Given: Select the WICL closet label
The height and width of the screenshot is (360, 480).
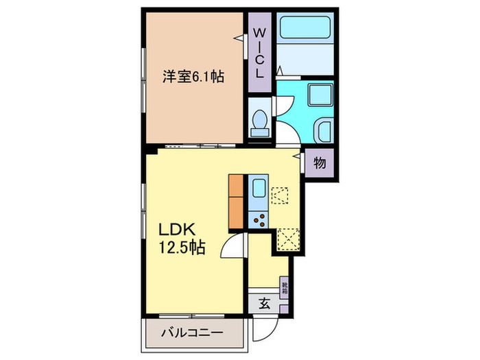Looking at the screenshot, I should (260, 51).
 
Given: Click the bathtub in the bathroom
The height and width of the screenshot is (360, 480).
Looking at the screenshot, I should (305, 29).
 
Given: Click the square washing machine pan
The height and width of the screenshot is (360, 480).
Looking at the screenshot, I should (319, 96).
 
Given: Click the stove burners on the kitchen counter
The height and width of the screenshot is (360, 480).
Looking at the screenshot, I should (259, 219).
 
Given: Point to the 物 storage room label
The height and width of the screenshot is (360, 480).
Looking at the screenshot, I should (320, 163).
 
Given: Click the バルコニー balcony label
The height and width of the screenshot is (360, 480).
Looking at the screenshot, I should (192, 334).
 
